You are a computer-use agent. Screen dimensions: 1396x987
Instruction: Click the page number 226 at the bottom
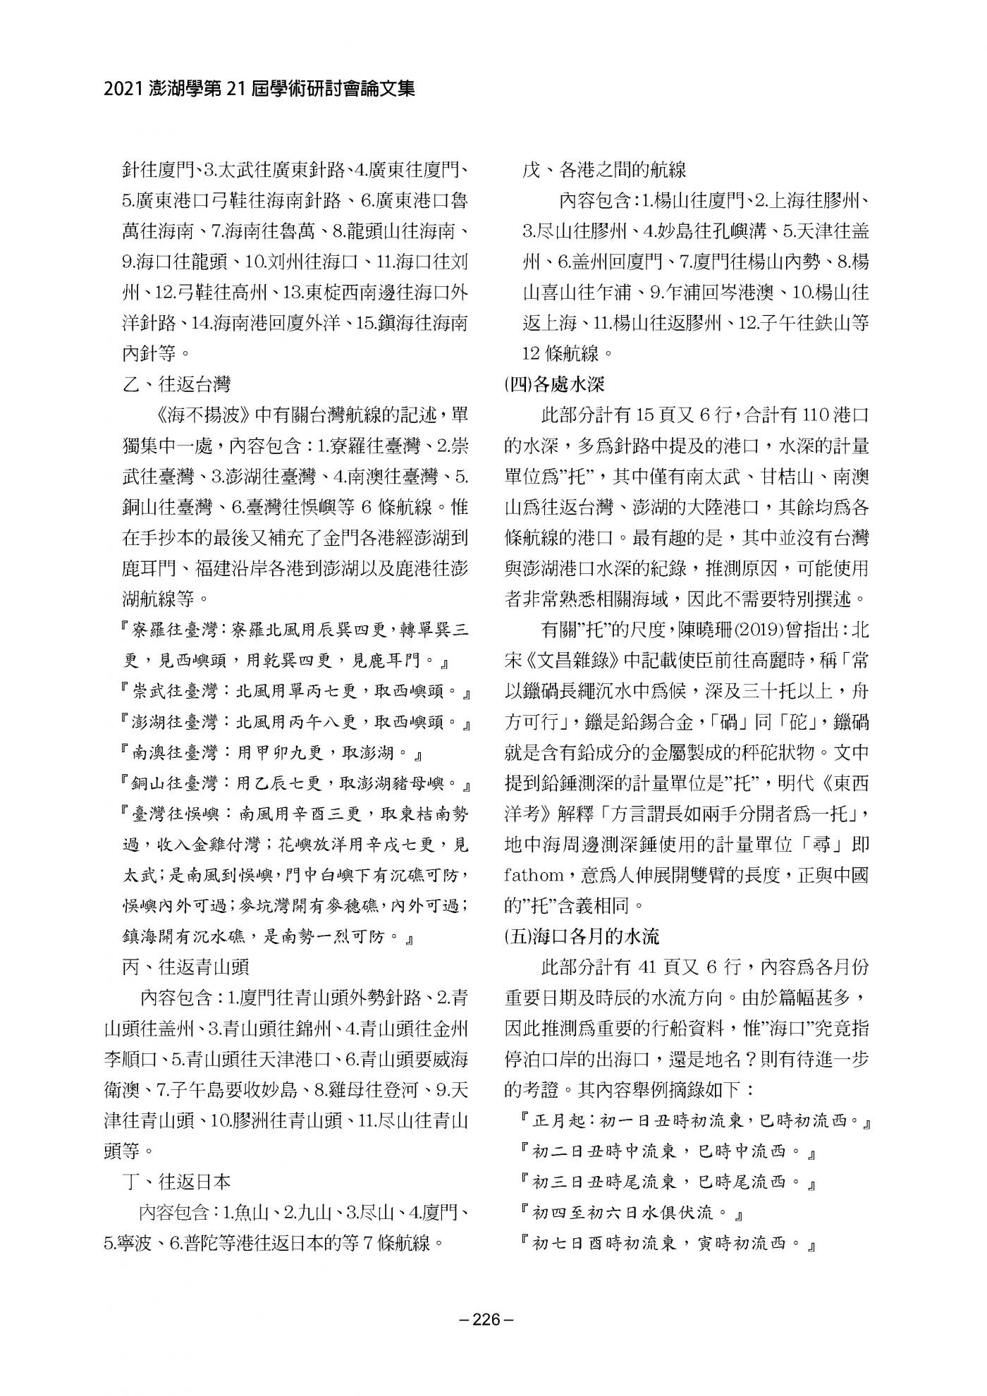point(492,1319)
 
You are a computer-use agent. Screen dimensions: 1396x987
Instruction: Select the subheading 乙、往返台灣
point(176,384)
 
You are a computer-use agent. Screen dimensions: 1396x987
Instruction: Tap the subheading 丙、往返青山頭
point(185,966)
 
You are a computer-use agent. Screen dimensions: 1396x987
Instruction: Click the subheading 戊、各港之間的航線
point(604,170)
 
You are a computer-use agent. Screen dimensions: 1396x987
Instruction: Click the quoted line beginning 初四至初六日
point(633,1213)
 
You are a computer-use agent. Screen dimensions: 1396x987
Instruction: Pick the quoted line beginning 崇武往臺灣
point(297,691)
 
